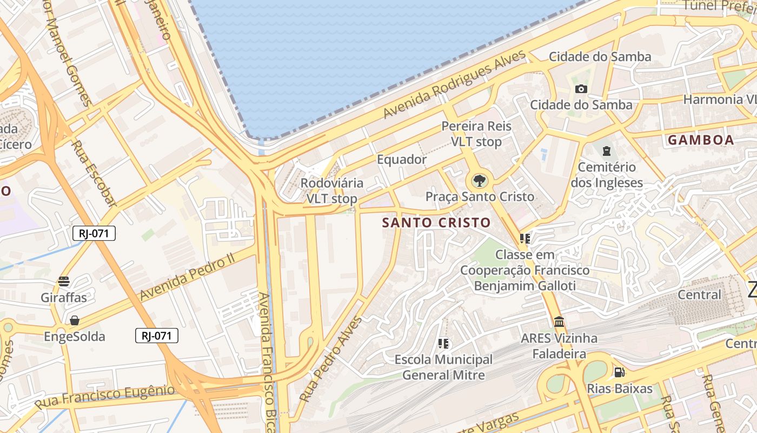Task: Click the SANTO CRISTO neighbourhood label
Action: click(x=436, y=222)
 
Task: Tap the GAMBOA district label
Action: click(x=701, y=140)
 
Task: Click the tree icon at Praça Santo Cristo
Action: click(x=479, y=181)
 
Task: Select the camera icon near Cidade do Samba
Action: click(x=581, y=89)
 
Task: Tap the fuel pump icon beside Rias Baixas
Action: click(x=619, y=372)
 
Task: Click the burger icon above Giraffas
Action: click(x=64, y=281)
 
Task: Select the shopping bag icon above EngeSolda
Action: click(x=75, y=320)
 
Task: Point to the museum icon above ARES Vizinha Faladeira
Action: click(x=559, y=322)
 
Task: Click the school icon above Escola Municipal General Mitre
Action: click(x=443, y=343)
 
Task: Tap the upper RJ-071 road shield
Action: click(x=94, y=233)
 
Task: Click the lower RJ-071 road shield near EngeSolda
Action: click(x=156, y=336)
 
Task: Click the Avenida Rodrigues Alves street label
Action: click(x=454, y=84)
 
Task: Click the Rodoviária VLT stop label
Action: click(x=331, y=191)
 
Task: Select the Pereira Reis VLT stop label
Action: click(x=476, y=134)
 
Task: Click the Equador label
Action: click(x=401, y=160)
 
